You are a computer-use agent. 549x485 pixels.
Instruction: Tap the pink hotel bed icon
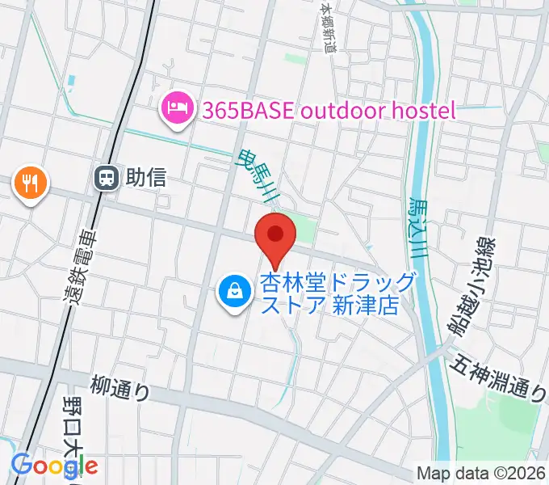176,110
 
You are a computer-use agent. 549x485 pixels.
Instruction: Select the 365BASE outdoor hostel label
324,110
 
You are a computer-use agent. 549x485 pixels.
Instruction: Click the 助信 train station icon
106,178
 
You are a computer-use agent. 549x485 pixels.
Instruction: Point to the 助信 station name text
146,178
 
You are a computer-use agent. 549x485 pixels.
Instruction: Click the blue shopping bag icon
233,291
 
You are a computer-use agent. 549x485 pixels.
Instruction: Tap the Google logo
54,466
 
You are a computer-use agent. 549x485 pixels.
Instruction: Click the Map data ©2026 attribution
480,474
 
